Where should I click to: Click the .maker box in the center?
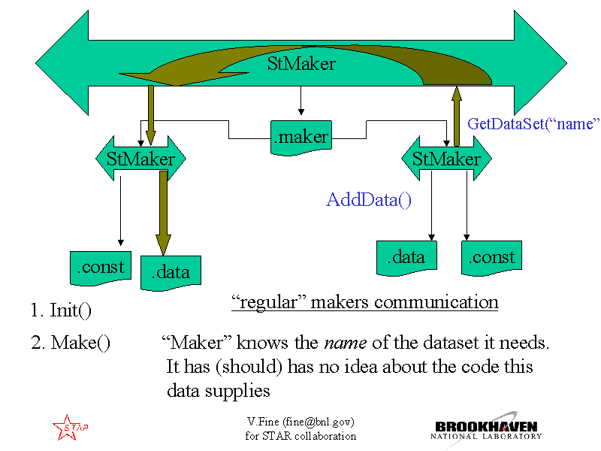301,138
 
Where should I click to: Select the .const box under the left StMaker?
101,268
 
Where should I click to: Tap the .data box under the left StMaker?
171,273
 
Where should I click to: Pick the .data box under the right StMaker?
406,258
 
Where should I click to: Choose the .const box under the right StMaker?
492,258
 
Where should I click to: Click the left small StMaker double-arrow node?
140,159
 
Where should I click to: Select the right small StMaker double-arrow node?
446,159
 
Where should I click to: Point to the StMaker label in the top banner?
301,64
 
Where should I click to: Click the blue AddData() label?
369,200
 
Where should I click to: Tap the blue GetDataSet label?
533,124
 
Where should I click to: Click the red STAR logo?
70,427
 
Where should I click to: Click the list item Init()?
61,310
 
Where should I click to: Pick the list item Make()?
71,343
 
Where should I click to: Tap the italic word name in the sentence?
346,343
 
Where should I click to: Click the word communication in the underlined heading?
436,302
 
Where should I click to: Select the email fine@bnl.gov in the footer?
319,422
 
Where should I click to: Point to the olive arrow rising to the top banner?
456,117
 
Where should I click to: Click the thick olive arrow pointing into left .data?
163,213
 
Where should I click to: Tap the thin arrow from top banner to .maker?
301,101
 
